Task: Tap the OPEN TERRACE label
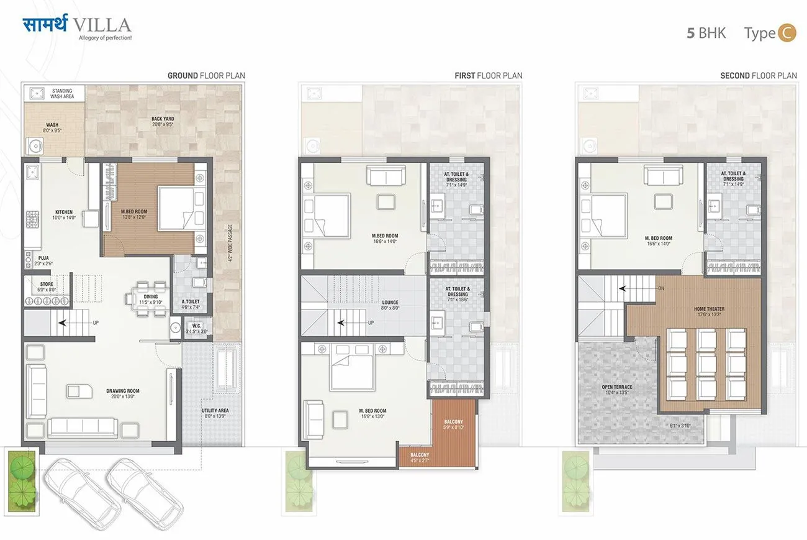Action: coord(615,390)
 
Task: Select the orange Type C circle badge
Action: coord(787,33)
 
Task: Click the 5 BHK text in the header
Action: coord(706,33)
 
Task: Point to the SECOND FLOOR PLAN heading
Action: coord(758,76)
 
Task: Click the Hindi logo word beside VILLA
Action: coord(45,25)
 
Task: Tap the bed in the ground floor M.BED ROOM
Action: coord(177,208)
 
